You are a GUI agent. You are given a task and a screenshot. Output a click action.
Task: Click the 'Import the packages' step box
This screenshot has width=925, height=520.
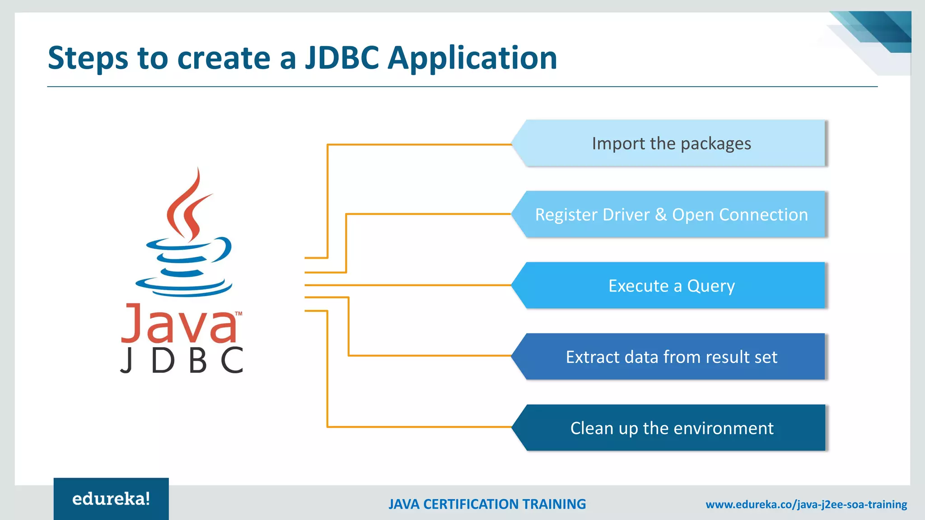671,144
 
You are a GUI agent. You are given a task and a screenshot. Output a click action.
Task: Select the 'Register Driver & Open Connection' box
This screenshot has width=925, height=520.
671,214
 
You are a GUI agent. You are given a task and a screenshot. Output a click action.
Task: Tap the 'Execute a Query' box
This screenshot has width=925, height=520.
671,286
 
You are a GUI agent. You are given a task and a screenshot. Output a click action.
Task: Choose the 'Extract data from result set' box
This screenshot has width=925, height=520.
671,357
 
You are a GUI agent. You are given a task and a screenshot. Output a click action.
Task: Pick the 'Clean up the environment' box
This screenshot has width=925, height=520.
671,428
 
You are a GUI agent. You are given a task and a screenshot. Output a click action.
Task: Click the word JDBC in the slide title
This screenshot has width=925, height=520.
342,58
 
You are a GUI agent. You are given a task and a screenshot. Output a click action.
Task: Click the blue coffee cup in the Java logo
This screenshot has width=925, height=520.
185,266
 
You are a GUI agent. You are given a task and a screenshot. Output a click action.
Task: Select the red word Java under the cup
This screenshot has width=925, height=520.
178,324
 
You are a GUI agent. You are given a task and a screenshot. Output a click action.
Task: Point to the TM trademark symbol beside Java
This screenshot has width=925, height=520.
238,313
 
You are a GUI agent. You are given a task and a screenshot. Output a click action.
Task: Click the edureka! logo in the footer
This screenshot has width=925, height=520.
111,499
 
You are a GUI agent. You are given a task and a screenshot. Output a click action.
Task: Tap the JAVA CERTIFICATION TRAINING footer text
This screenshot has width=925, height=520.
487,504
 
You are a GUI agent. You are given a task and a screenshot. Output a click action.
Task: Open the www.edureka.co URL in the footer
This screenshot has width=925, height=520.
806,504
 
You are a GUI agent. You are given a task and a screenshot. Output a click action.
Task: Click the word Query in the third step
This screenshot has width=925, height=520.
711,286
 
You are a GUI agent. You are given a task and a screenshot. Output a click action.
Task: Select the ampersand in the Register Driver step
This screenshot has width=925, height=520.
661,214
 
